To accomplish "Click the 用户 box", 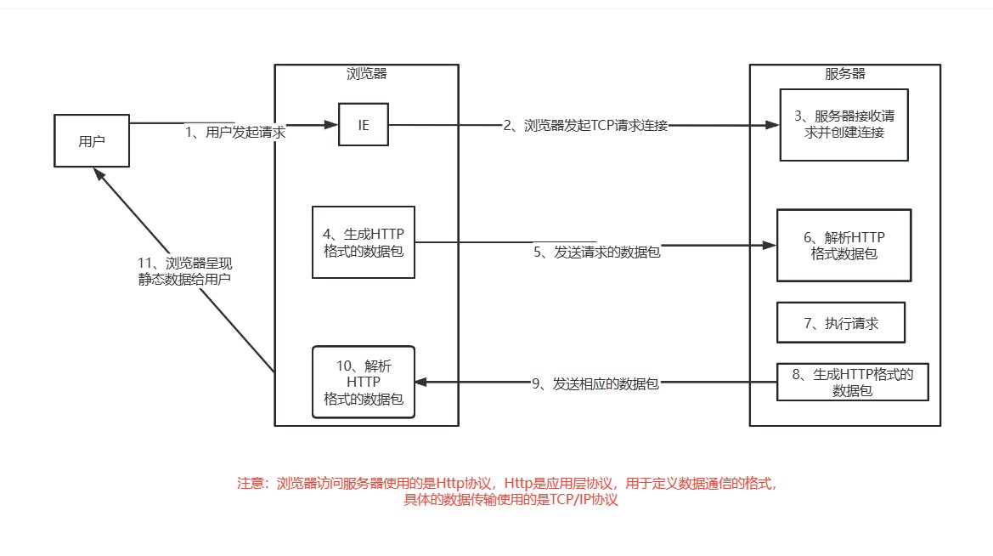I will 91,141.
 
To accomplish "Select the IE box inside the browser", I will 364,125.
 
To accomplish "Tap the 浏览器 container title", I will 367,74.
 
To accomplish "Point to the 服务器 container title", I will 844,74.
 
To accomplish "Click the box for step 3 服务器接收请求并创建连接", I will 843,124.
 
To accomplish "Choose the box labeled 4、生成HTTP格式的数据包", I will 364,242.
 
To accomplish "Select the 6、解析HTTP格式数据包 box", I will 843,245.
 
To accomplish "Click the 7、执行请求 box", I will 841,323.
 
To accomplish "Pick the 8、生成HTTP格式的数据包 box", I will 853,383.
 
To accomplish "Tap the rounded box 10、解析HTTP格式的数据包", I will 364,382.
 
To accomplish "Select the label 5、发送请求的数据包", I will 597,252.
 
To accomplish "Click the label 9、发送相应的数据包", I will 595,384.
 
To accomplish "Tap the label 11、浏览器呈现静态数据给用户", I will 184,270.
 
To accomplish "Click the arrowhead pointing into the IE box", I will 331,125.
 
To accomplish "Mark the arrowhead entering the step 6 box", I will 770,245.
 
